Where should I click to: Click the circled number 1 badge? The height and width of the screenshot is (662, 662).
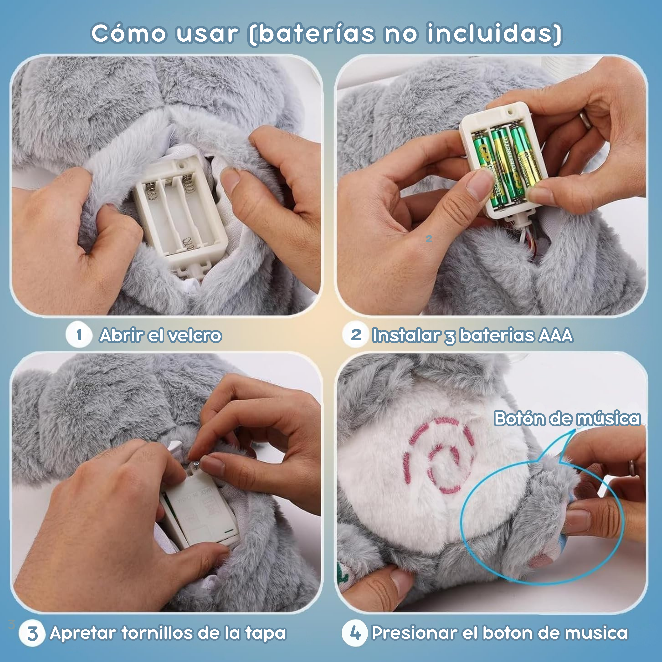tap(79, 335)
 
